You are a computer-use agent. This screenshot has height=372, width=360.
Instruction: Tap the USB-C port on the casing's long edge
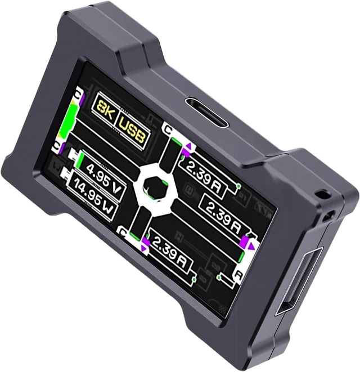pos(207,113)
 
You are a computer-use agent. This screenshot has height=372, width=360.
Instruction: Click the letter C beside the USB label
pos(168,129)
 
